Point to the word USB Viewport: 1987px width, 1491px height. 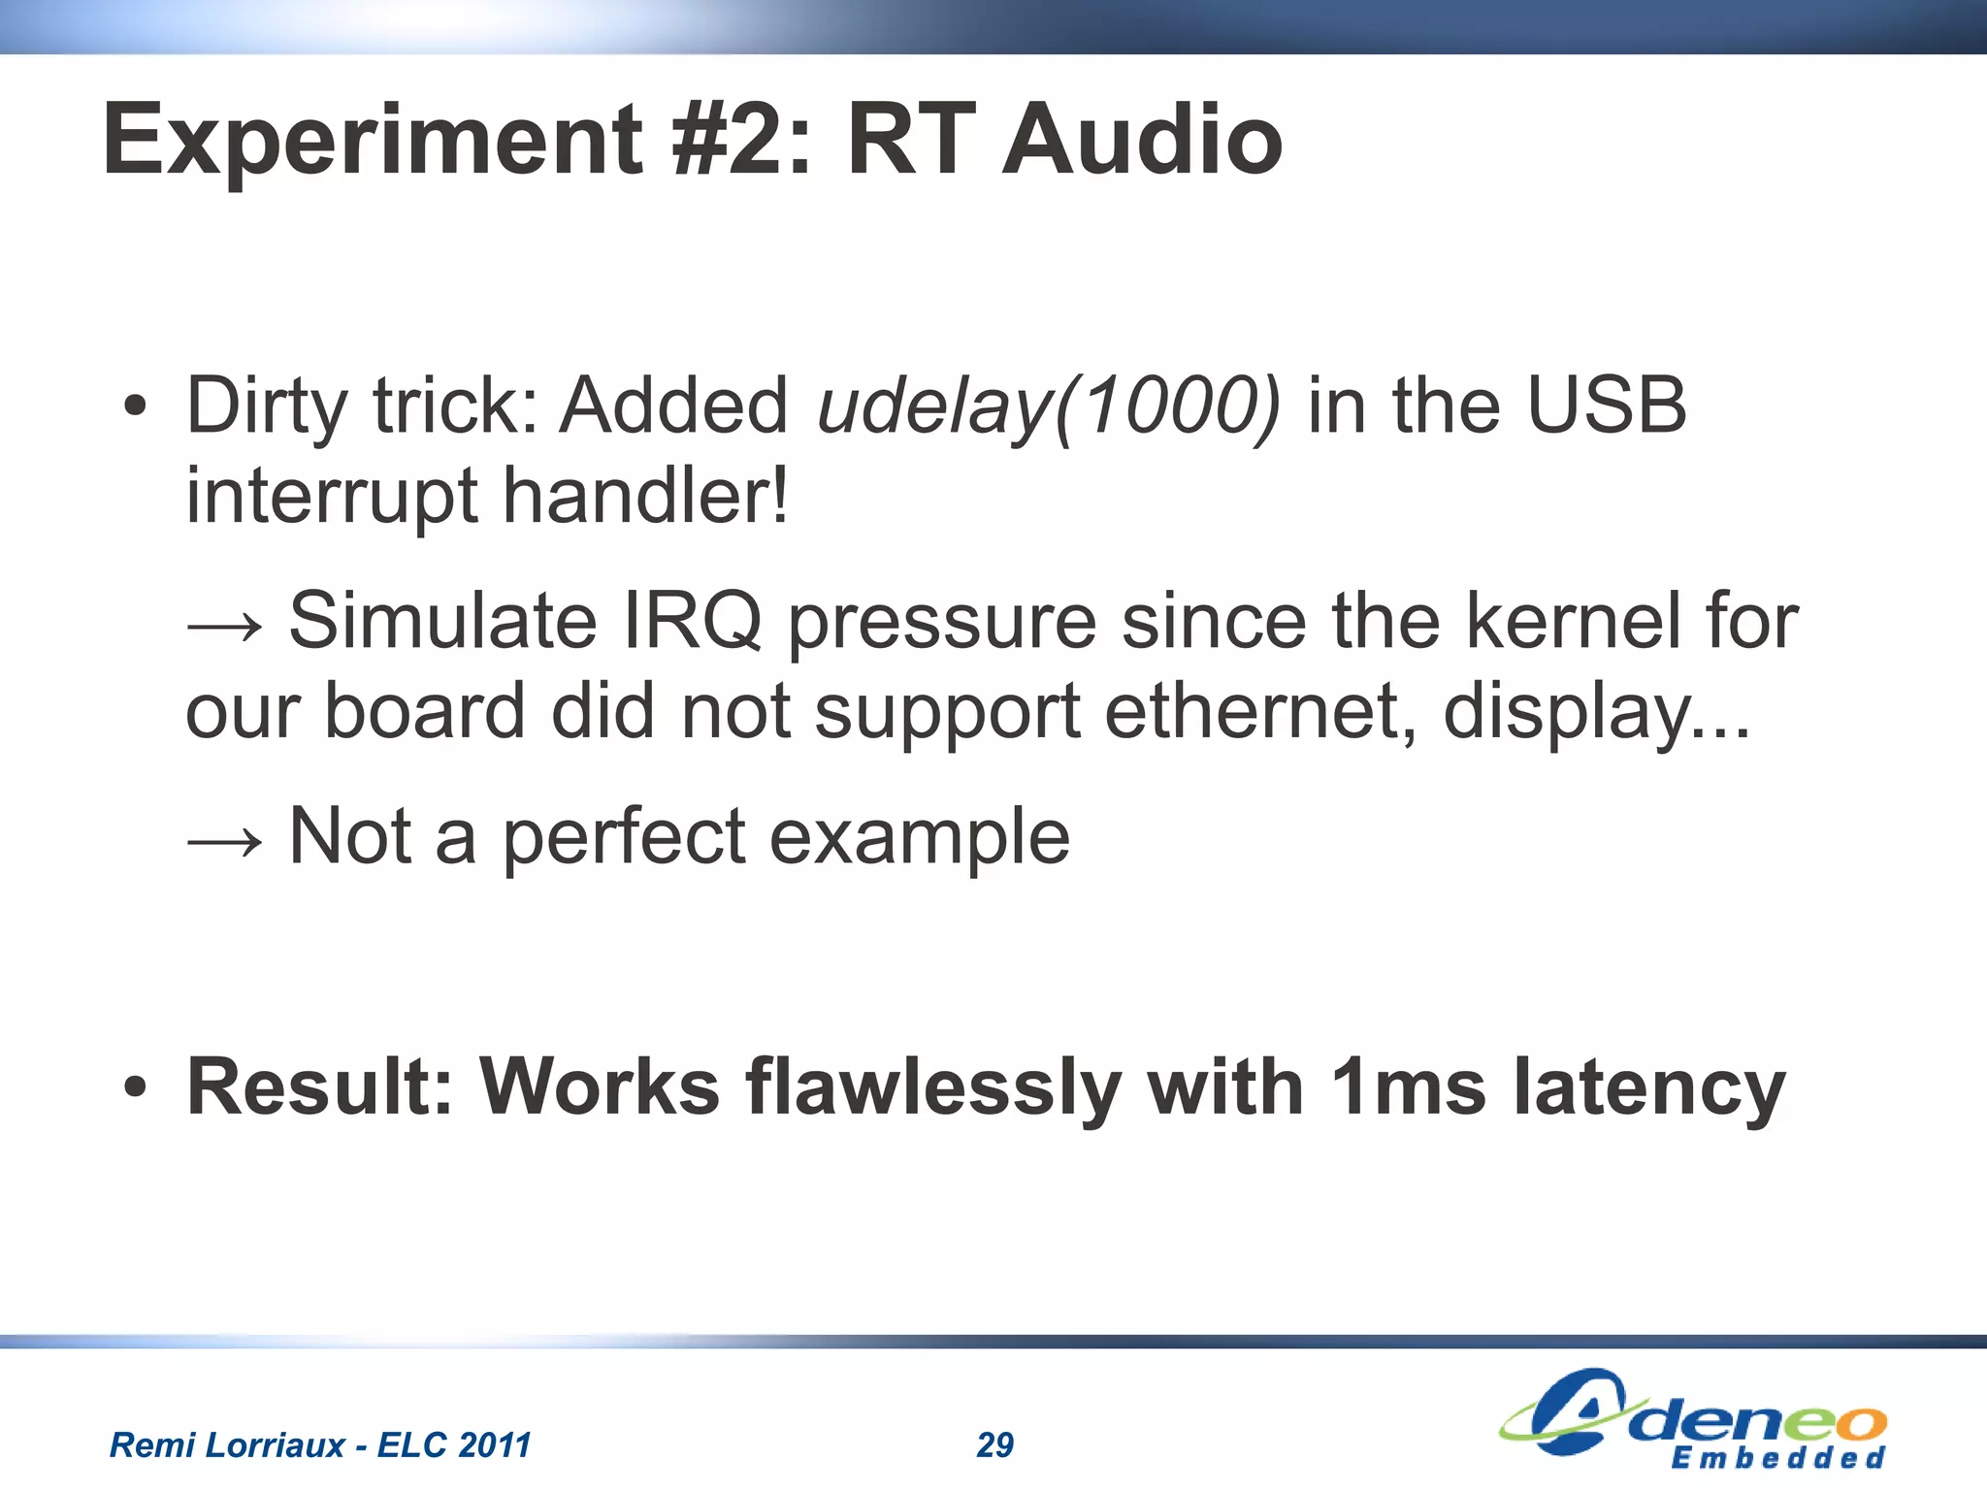pos(1607,405)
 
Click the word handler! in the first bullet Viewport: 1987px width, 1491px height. pos(645,495)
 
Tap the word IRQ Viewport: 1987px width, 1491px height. pos(692,621)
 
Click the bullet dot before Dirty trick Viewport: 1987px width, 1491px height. pos(136,407)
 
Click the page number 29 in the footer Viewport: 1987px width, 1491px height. pos(994,1445)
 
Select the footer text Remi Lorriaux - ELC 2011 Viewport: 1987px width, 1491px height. pos(320,1445)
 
